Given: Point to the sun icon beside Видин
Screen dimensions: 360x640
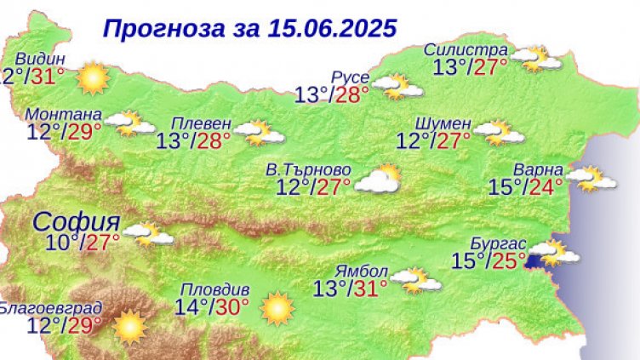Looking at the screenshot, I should tap(92, 79).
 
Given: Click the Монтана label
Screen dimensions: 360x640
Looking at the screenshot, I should tap(65, 114).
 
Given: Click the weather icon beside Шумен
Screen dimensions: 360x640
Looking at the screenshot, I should tap(498, 132).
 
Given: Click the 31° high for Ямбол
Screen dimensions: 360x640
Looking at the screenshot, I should tap(369, 289).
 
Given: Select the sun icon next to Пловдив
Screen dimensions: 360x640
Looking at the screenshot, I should tap(277, 308).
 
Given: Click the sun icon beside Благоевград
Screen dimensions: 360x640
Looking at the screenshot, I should tap(129, 325).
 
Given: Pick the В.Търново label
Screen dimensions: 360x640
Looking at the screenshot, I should tap(308, 170).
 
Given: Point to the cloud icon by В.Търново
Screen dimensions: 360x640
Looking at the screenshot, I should tap(378, 179).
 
